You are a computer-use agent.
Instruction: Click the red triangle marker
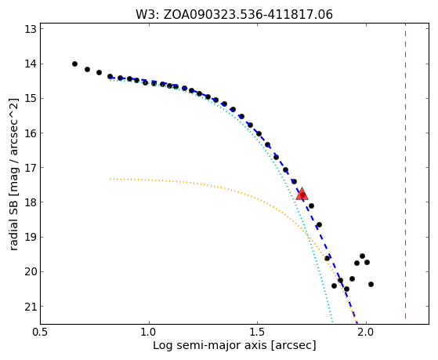(302, 195)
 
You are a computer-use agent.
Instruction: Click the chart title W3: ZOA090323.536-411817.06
(234, 15)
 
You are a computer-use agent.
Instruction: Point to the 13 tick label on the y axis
(31, 29)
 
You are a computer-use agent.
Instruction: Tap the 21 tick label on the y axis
(31, 307)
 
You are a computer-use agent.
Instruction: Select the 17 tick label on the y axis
(31, 168)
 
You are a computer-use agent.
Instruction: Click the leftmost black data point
(74, 64)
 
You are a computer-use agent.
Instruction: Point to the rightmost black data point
(371, 284)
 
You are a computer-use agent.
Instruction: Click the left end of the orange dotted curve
(110, 179)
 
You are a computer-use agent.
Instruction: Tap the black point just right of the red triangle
(312, 205)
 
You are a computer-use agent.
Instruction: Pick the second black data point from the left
(87, 69)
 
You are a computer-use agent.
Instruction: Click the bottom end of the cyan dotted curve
(332, 323)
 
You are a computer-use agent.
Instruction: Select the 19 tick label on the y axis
(31, 237)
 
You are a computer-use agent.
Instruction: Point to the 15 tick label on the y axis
(31, 99)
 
